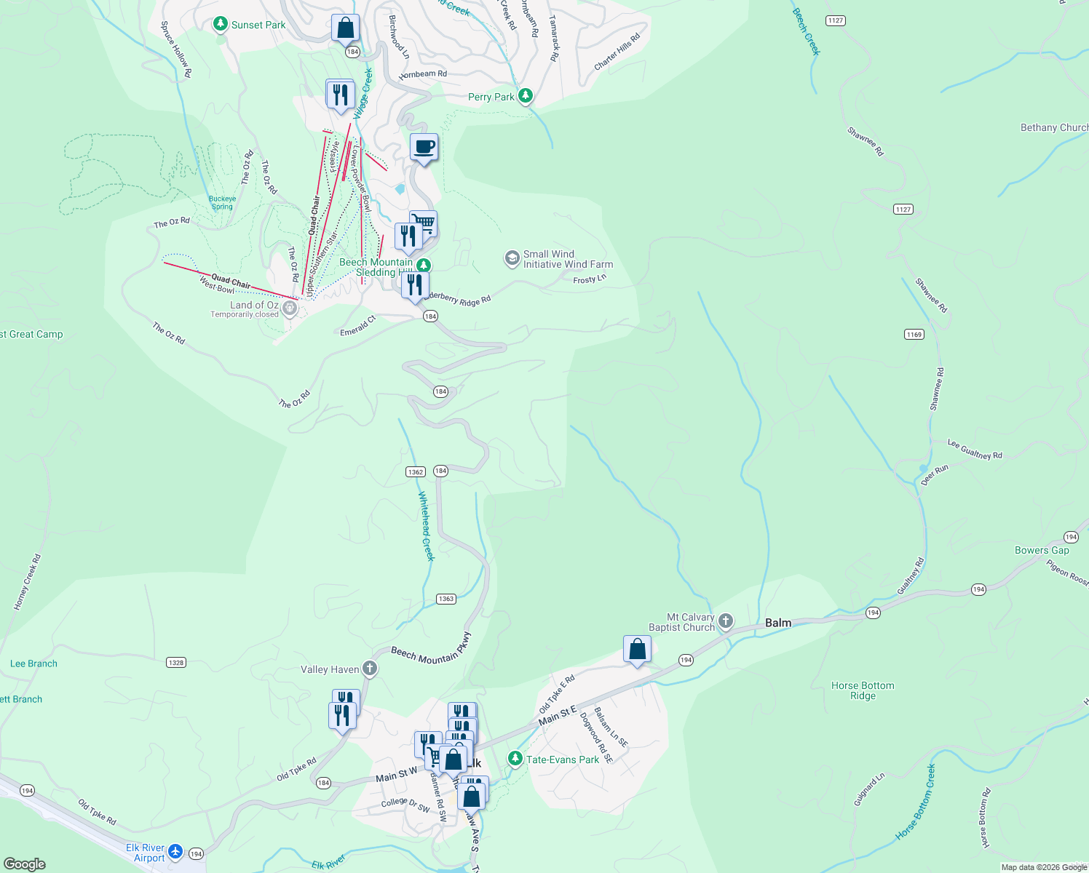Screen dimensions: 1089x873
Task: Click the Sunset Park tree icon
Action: pos(221,25)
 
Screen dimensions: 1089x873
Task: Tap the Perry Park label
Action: pos(491,97)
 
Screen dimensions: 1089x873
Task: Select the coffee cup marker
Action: pos(424,148)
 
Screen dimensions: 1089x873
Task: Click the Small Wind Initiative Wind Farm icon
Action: pos(512,258)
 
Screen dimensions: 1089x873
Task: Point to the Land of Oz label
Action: pos(254,305)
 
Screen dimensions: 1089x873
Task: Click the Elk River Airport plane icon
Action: pos(175,851)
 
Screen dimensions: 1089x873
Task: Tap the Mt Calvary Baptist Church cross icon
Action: pos(725,621)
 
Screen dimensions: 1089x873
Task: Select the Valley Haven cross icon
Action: pos(370,669)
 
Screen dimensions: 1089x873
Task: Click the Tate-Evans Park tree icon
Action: pos(515,759)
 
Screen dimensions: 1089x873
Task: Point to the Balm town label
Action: pos(778,623)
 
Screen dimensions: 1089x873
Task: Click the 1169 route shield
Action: pos(914,335)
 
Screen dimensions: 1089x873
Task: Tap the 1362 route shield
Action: pos(415,471)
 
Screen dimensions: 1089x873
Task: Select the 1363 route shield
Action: pos(446,599)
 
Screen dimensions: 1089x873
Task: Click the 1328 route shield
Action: pos(176,663)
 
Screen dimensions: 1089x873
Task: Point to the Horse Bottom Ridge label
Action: pos(863,690)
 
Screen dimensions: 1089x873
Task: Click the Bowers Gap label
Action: pos(1042,550)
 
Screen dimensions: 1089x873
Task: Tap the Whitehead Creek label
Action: pos(426,526)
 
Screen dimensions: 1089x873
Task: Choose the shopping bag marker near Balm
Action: pos(637,650)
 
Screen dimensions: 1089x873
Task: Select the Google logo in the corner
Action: pos(24,864)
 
